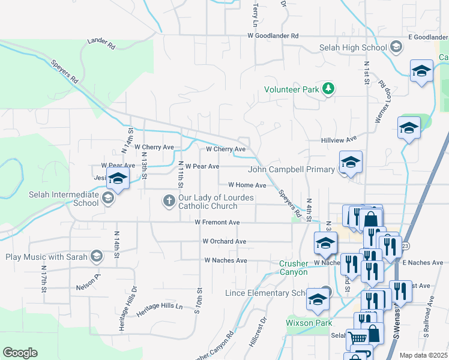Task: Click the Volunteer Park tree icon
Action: (x=328, y=89)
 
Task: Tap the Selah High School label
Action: (x=359, y=47)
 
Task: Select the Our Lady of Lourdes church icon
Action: (x=169, y=200)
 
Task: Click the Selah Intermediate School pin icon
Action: (x=108, y=199)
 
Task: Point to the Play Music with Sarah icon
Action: (x=96, y=257)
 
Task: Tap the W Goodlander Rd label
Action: (x=273, y=36)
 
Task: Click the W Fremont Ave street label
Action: (x=217, y=222)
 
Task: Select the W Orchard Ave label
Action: (x=224, y=241)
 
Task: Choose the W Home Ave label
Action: (x=247, y=185)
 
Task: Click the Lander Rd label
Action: (x=101, y=42)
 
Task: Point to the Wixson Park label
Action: (x=309, y=323)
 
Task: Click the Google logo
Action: (x=20, y=353)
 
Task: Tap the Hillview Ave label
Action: (x=337, y=140)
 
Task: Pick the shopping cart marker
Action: (x=358, y=338)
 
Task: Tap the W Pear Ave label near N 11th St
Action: (x=202, y=166)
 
